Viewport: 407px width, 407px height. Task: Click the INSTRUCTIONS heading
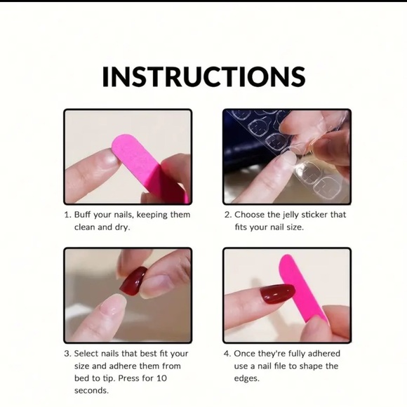203,76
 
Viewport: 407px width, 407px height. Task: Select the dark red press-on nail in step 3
133,281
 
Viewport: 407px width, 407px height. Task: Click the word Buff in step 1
82,215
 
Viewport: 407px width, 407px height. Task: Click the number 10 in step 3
161,378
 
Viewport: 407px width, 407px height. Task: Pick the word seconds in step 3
91,391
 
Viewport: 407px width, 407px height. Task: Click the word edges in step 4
246,379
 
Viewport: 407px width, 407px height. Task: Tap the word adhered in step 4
323,354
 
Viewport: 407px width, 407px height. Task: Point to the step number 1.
67,215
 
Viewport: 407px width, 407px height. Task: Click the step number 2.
227,215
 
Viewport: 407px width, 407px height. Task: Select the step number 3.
67,354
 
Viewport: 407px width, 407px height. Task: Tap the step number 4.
227,354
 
